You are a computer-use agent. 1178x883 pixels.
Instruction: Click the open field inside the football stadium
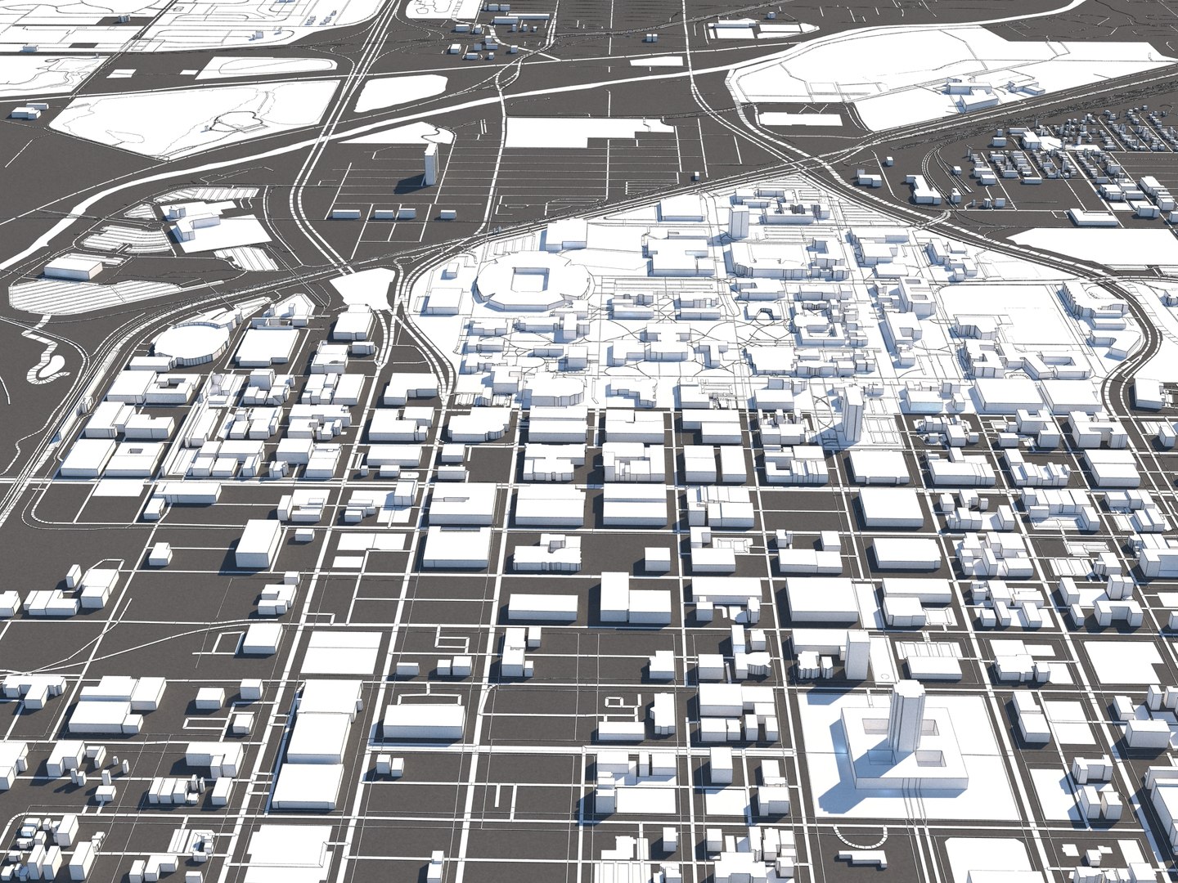[x=522, y=282]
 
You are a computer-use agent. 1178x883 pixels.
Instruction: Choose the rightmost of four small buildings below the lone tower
[x=446, y=215]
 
